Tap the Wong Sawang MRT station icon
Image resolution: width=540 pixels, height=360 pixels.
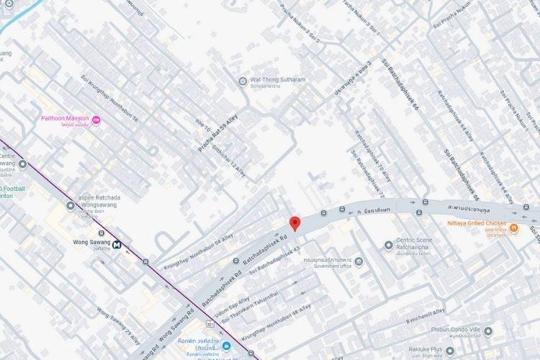click(117, 243)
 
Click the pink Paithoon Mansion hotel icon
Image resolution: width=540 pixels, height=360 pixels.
click(96, 120)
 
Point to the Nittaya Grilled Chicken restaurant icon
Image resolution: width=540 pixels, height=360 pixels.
click(514, 229)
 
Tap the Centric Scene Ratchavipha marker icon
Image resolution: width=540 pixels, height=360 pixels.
click(389, 245)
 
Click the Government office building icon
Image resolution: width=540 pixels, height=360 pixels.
click(359, 261)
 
